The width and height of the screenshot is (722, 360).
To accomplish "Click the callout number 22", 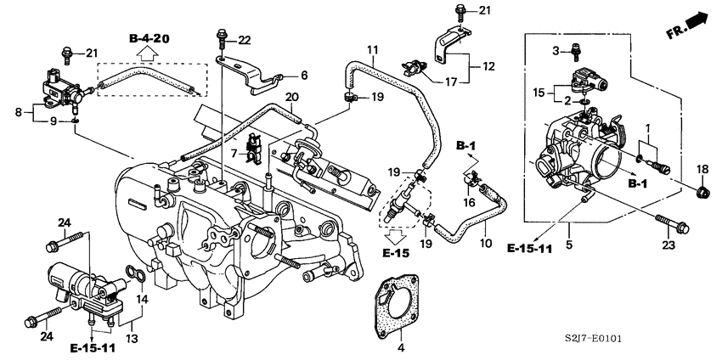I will (x=245, y=40).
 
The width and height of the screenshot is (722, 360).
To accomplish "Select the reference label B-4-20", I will (x=149, y=39).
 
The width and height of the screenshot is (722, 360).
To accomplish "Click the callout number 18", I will (x=703, y=171).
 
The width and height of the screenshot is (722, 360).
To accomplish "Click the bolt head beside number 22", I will (x=223, y=37).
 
